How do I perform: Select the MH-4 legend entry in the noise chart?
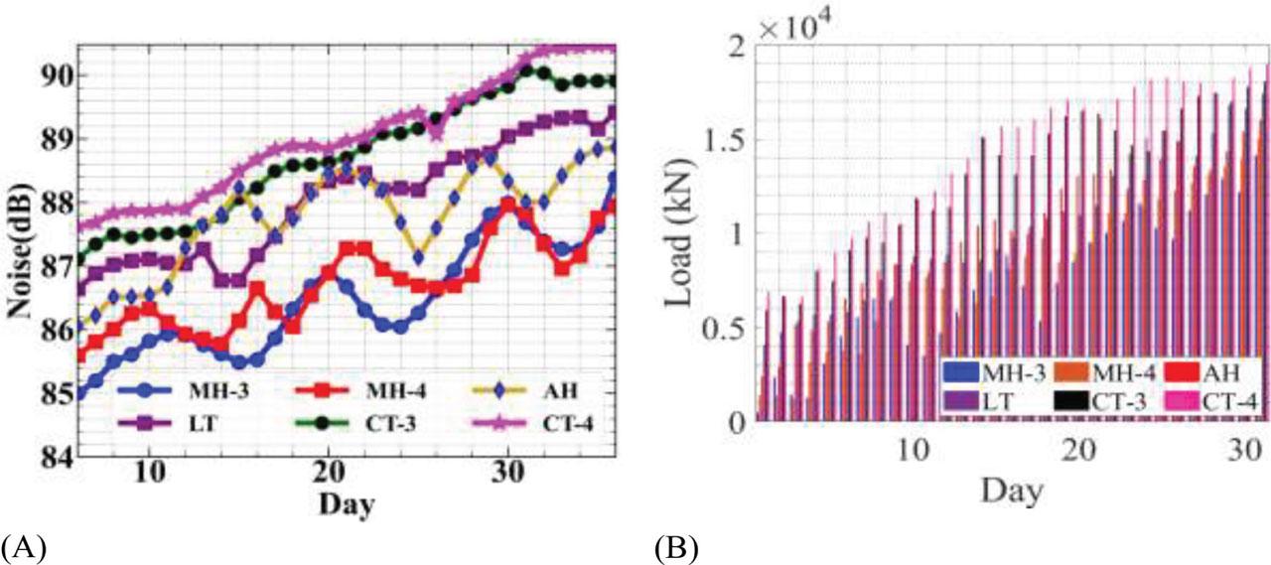(360, 391)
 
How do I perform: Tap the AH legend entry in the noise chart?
(525, 391)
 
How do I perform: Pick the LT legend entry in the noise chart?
(168, 423)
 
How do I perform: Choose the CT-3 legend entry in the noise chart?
(356, 423)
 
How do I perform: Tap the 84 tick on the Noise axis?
(57, 457)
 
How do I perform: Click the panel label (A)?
(23, 548)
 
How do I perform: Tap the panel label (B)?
(677, 548)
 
